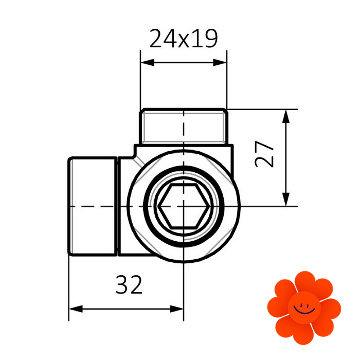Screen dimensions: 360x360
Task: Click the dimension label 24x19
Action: coord(183,39)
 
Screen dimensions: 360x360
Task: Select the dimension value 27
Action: coord(264,154)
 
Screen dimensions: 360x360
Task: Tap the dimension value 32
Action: coord(129,285)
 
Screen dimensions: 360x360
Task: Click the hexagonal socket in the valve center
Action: coord(184,207)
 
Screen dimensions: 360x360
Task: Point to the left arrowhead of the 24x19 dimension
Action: coord(147,62)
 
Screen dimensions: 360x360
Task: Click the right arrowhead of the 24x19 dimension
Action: coord(220,62)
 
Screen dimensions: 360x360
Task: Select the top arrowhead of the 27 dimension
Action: coord(286,117)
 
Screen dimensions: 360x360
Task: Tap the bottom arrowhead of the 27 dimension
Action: coord(286,199)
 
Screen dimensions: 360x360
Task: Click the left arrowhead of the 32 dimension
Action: coord(76,309)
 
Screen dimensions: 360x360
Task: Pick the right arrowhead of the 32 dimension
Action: coord(176,309)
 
